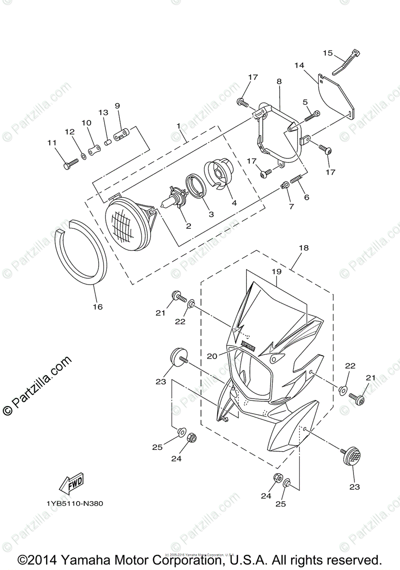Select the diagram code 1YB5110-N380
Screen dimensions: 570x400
tap(75, 503)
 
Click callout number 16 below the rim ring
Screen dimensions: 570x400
tap(97, 307)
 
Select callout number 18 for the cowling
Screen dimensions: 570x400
tap(304, 248)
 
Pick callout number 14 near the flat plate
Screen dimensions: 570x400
tap(298, 65)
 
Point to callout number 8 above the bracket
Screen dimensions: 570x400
tap(279, 81)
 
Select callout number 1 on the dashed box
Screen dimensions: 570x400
tap(179, 126)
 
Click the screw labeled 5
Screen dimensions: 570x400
tap(311, 114)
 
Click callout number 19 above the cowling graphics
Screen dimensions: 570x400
tap(276, 271)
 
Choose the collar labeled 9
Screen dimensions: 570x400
tap(124, 131)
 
